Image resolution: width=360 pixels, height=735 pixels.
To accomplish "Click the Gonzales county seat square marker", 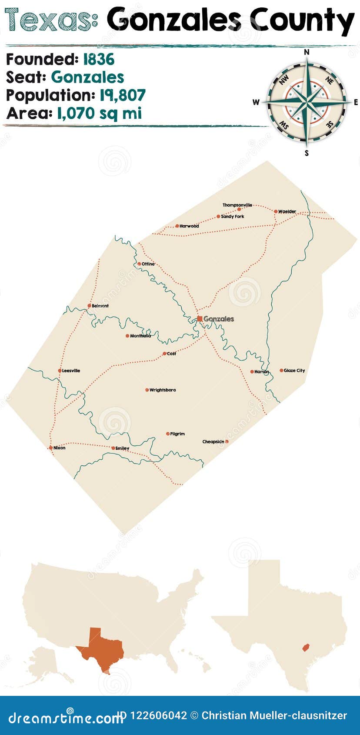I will click(200, 319).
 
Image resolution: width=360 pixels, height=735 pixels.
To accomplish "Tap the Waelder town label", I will click(287, 211).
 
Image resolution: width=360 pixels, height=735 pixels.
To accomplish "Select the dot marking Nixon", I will click(51, 448).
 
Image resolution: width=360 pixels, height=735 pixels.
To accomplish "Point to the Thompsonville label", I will click(237, 205).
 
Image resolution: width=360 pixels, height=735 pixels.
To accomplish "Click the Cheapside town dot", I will click(227, 441).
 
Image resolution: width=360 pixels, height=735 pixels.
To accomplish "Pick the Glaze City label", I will click(294, 371).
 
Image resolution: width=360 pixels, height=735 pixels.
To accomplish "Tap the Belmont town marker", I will click(90, 306).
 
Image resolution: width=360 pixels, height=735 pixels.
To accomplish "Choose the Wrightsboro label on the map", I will click(163, 390).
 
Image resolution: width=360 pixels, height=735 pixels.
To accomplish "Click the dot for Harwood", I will click(177, 226).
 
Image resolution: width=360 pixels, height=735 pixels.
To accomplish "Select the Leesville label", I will click(71, 371).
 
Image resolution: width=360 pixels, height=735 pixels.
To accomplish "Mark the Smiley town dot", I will click(113, 448).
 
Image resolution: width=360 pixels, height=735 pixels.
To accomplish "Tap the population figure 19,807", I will click(123, 95).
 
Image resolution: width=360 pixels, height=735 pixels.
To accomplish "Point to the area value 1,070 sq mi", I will click(99, 113).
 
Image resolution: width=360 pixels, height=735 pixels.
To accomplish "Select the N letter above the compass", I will click(307, 52).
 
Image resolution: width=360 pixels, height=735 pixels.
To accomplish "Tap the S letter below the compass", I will click(307, 153).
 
